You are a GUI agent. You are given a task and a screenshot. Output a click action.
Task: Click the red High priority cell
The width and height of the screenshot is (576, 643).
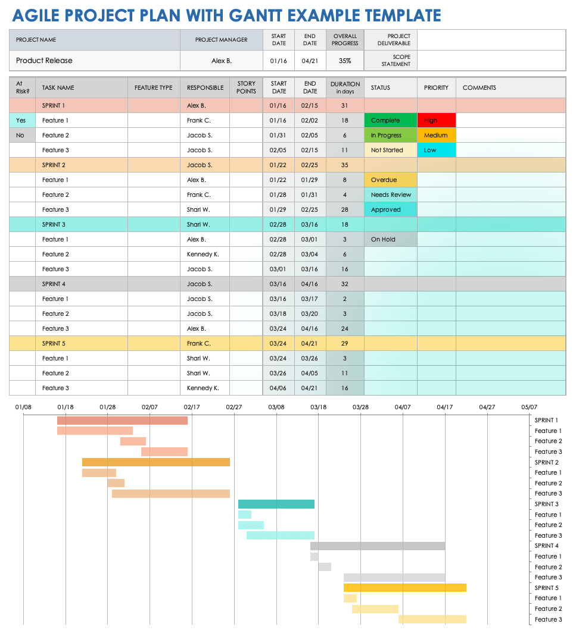coord(436,120)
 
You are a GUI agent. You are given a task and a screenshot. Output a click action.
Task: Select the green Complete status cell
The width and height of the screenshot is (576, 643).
coord(390,120)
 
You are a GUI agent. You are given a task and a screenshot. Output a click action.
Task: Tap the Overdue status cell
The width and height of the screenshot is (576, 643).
coord(390,180)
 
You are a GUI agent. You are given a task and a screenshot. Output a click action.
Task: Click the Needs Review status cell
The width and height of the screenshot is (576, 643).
coord(390,195)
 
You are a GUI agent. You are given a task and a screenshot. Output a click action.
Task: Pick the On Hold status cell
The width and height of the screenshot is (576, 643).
coord(390,239)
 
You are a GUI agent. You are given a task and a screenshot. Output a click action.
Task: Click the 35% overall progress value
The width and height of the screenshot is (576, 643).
coord(345,61)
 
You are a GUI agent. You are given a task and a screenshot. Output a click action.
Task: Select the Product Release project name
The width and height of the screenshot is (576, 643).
coord(44,61)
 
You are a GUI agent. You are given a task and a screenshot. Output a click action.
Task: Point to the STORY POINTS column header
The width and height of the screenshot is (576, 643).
coord(246,87)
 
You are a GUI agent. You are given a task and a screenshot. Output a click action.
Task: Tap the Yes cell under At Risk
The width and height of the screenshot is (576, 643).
coord(21,120)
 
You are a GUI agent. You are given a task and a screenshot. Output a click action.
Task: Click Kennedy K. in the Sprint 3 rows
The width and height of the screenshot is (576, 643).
coord(203,254)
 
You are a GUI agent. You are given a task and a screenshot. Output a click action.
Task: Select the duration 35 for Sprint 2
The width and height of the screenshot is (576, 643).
coord(345,165)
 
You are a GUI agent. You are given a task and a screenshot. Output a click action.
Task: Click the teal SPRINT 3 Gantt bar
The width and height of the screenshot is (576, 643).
coord(276,504)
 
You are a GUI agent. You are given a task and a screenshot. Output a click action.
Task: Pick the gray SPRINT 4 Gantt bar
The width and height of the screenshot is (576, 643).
coord(378,546)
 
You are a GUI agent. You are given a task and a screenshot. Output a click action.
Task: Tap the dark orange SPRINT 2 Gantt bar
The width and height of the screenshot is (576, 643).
coord(156,462)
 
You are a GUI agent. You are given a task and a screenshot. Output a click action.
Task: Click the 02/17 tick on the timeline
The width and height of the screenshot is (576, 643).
coord(192,407)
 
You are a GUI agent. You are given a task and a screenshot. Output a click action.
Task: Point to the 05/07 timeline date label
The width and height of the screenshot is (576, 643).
coord(529,407)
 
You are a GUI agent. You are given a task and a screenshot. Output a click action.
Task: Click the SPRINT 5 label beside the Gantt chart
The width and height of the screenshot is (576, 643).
coord(546,588)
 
